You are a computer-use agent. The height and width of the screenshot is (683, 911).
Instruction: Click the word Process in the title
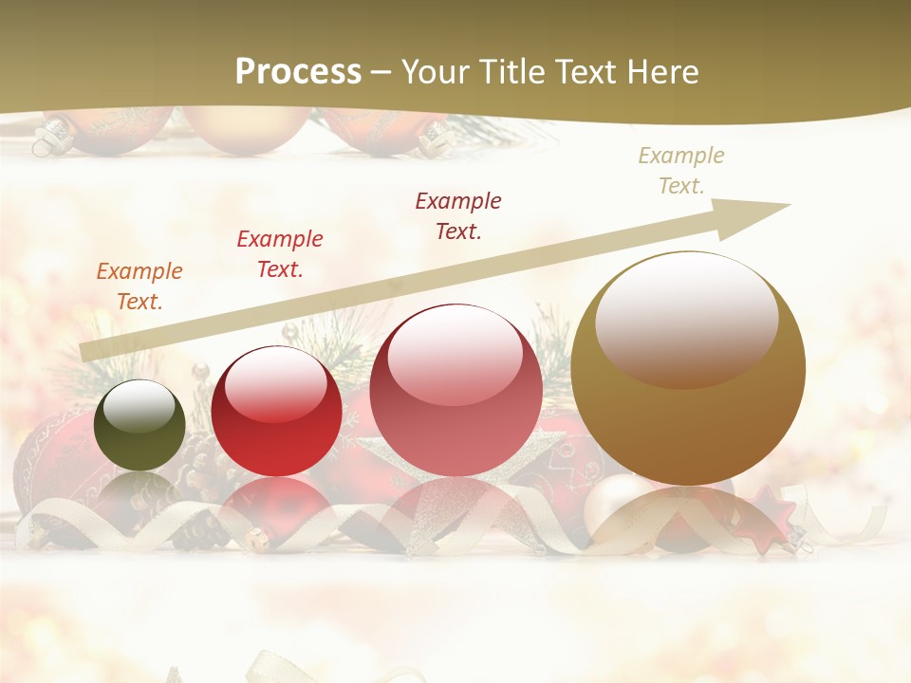[x=298, y=71]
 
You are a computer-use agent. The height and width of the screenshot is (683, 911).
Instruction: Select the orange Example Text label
[x=139, y=286]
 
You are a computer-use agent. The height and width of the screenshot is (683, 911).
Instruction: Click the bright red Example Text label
[x=280, y=254]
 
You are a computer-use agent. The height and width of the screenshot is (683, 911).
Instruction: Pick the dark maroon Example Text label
[x=458, y=215]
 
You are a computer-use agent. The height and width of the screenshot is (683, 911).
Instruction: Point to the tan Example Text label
[x=681, y=171]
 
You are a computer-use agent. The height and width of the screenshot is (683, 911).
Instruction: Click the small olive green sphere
[x=139, y=425]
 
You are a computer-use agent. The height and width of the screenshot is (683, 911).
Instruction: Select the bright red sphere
[x=276, y=411]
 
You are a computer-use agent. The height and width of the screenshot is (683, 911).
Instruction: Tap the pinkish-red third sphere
[x=455, y=391]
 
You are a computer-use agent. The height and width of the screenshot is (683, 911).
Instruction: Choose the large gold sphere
[x=688, y=368]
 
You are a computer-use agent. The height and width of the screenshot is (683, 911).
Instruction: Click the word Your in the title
[x=440, y=72]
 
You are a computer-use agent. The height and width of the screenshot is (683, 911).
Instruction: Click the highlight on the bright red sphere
[x=276, y=383]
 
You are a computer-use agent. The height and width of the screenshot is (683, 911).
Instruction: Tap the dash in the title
[x=381, y=72]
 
